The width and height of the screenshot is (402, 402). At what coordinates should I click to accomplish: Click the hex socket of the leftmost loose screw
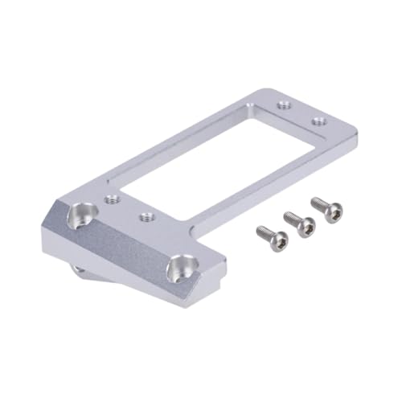[277, 239]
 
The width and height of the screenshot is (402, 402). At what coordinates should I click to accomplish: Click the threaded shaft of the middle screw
[291, 218]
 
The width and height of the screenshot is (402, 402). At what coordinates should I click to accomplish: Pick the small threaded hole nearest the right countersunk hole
[146, 216]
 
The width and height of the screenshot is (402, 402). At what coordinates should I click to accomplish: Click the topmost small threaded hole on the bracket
[282, 104]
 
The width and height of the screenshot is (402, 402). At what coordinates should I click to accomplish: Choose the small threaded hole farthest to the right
[319, 121]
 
